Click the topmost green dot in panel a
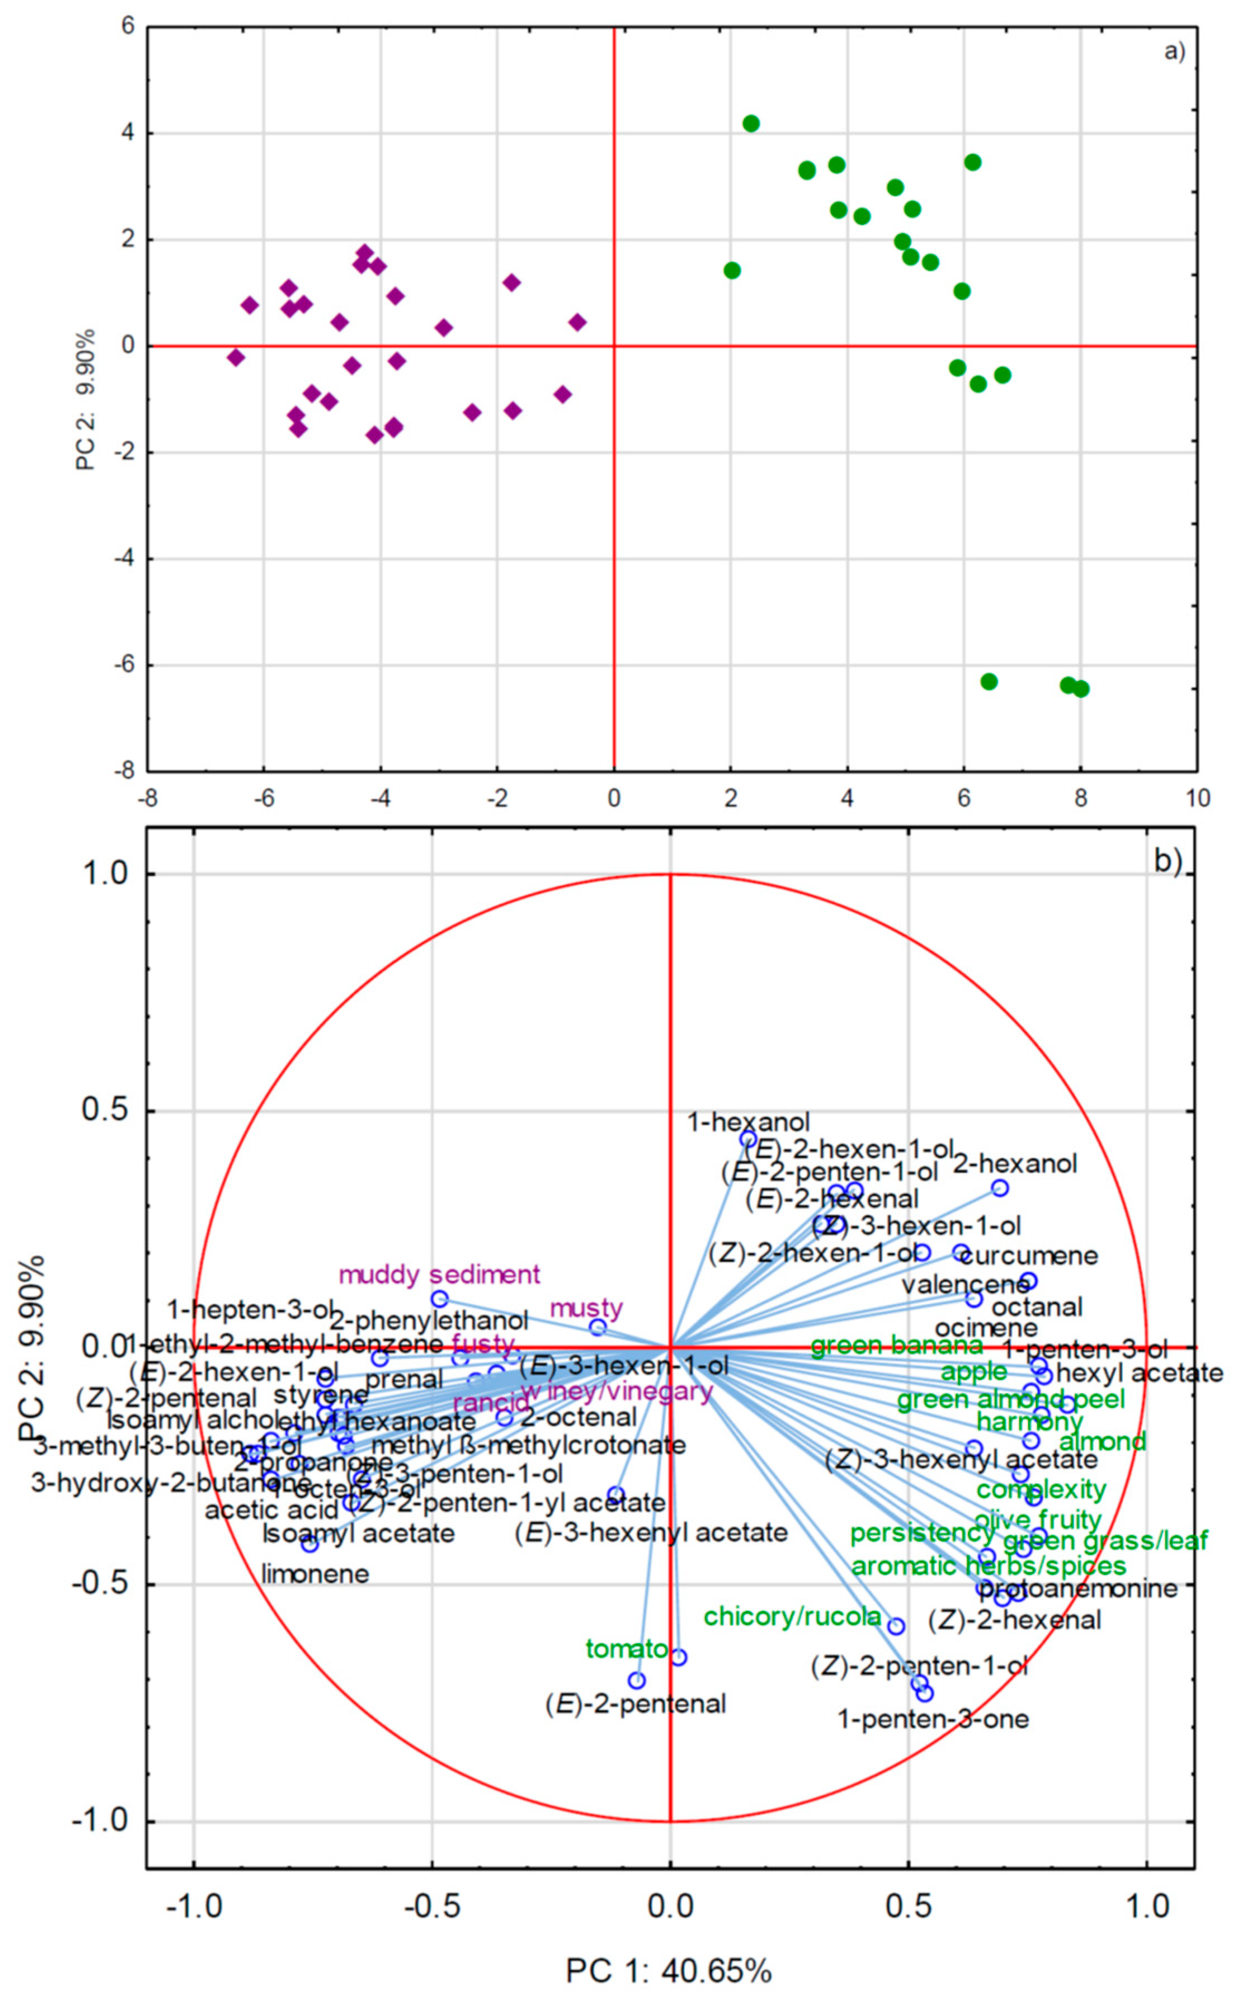pos(751,124)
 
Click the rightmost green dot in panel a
pos(1081,688)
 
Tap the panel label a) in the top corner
pos(1174,52)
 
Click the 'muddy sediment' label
pos(439,1275)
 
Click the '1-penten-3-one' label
pos(933,1719)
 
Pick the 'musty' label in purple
pos(586,1308)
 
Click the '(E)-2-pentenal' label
pos(636,1703)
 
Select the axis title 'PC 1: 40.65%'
pos(668,1971)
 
